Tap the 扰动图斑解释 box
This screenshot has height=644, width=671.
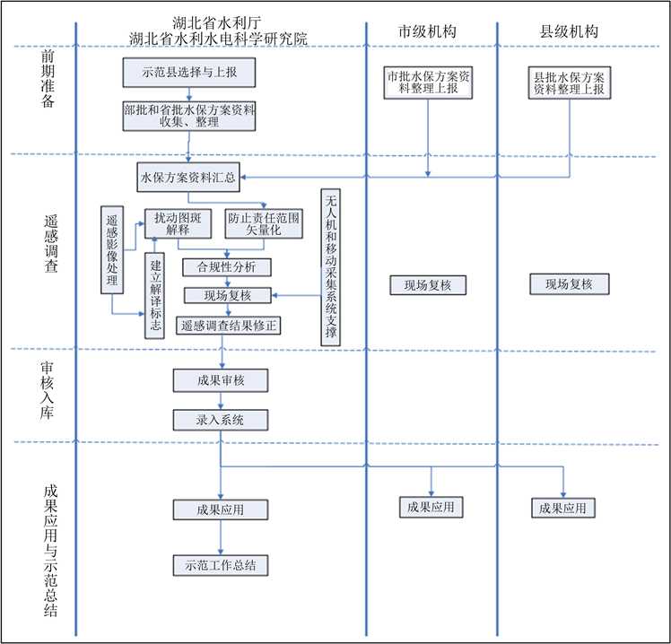183,223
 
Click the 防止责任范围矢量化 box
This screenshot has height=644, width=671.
264,223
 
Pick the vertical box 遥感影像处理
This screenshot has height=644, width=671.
112,249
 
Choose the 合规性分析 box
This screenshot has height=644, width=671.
226,266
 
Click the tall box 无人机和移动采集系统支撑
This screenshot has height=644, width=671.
331,266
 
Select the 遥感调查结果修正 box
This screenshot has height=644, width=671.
229,325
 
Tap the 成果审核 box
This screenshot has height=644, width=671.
221,380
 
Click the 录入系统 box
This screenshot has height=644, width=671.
221,420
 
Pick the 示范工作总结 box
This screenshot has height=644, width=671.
221,565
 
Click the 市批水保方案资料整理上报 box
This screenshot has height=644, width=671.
428,82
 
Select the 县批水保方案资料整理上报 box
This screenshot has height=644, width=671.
569,82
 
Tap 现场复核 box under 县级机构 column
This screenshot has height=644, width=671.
569,285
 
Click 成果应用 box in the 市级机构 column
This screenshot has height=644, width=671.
431,507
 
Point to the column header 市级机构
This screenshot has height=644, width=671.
428,31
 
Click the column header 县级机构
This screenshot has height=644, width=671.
569,31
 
